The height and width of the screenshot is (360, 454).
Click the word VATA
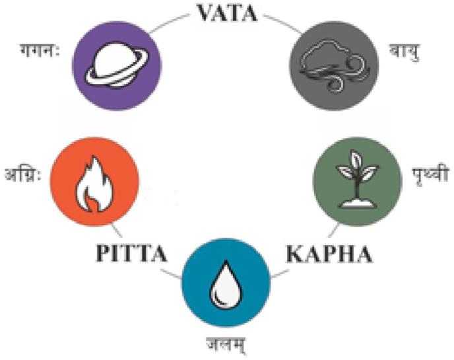(x=226, y=13)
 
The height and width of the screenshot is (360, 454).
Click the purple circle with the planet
(x=117, y=62)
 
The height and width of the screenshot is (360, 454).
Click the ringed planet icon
(x=117, y=63)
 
